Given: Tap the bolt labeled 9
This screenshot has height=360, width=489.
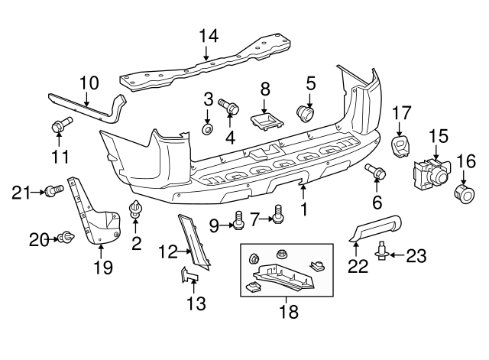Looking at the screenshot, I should [x=238, y=221].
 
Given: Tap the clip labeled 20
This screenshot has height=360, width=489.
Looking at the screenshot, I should [x=66, y=238].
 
